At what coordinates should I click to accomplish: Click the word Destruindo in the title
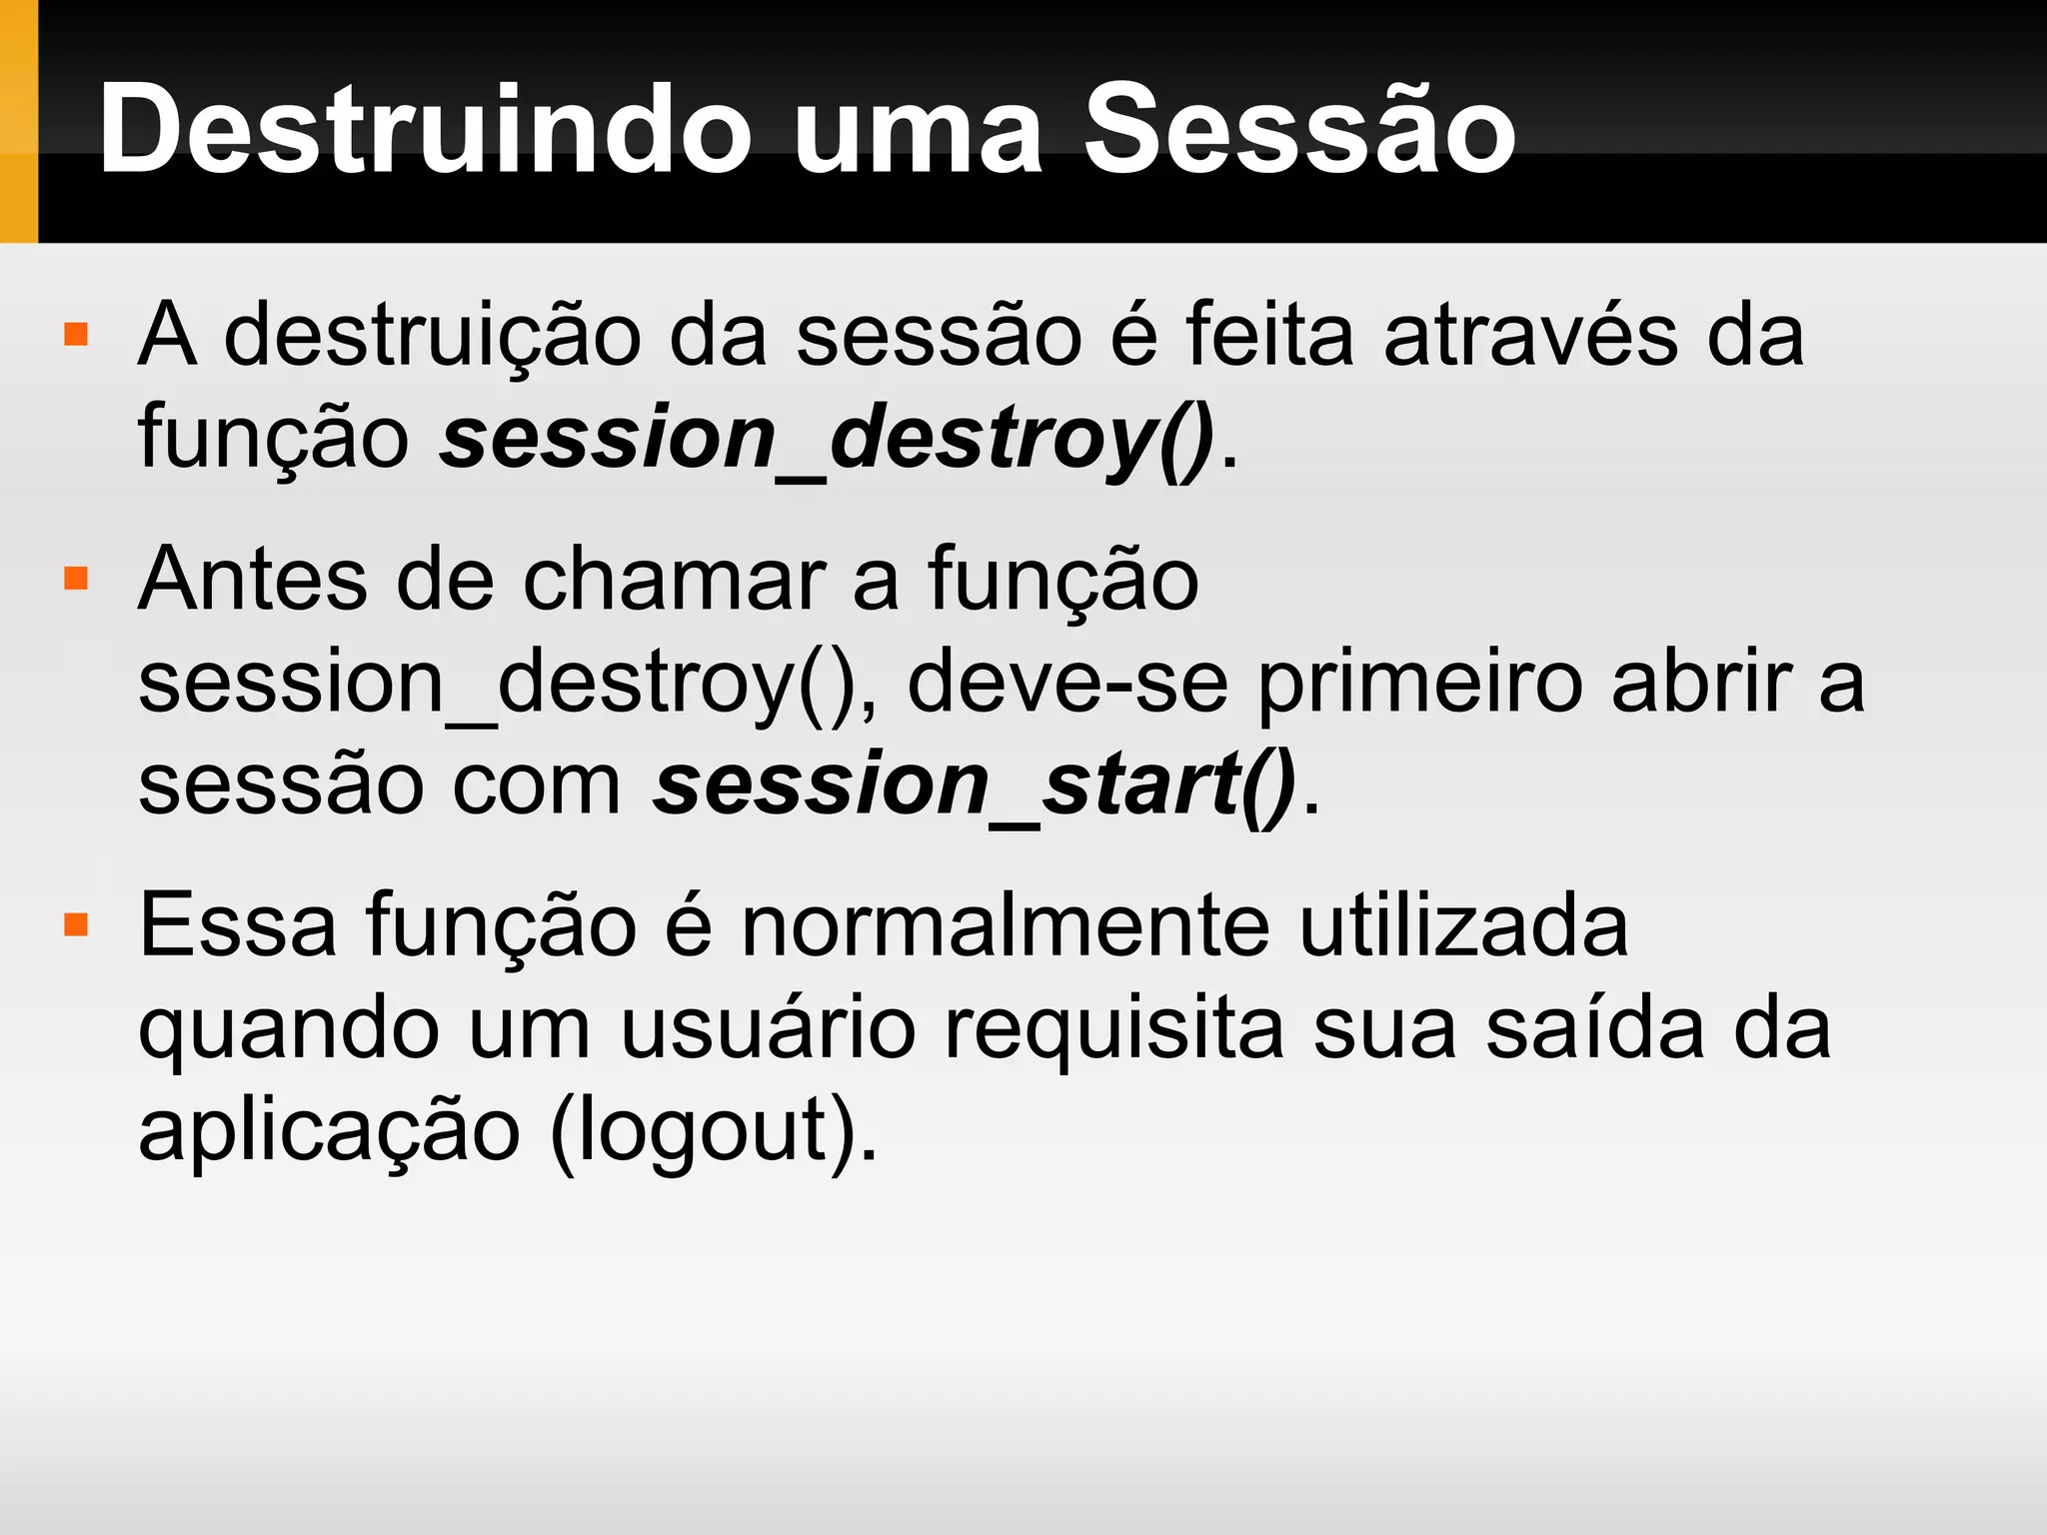(x=425, y=130)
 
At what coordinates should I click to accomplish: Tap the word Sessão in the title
(x=1299, y=130)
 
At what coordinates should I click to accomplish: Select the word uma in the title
(x=918, y=135)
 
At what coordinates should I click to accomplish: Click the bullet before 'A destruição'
(x=76, y=334)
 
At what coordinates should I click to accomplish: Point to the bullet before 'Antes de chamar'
(x=76, y=579)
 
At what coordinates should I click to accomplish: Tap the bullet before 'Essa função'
(x=76, y=924)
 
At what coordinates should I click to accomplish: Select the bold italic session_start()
(x=975, y=784)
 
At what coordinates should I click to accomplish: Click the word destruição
(x=432, y=336)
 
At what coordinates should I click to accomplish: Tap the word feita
(x=1270, y=336)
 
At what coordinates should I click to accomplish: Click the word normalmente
(x=1006, y=926)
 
